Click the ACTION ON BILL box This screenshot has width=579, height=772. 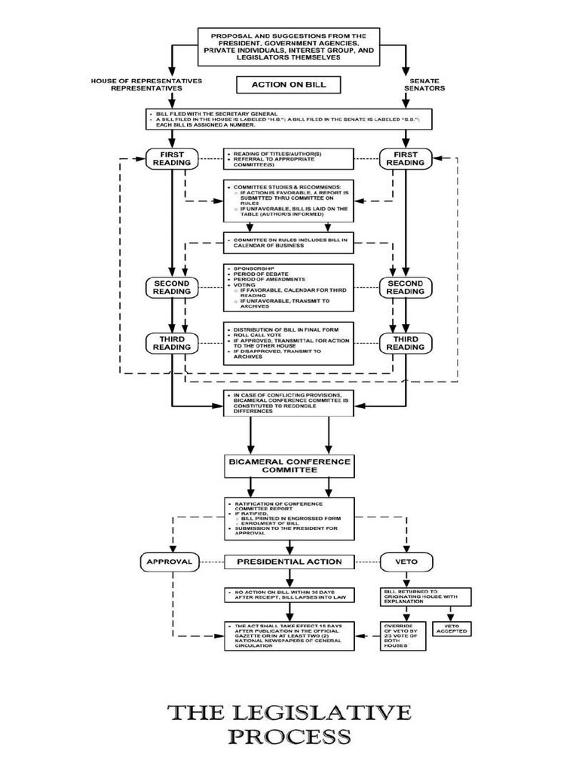[x=289, y=85]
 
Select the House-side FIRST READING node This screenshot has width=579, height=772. [x=172, y=158]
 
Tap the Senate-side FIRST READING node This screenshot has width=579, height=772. [x=406, y=158]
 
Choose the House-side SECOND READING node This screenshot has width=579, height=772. [x=172, y=287]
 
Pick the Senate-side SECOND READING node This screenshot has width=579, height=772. [x=406, y=287]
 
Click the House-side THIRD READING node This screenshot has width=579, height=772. [x=172, y=343]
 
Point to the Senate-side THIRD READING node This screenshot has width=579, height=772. [x=406, y=343]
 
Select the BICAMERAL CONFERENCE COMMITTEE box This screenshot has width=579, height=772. [x=289, y=465]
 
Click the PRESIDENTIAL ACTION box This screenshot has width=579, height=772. [x=289, y=562]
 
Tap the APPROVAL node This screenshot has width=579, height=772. [x=169, y=562]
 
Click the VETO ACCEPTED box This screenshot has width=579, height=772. [x=452, y=627]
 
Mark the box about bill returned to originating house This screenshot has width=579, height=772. [x=425, y=596]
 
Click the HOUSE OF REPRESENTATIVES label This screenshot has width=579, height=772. [x=136, y=84]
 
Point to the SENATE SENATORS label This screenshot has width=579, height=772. [x=427, y=84]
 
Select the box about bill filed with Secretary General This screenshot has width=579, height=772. [x=289, y=119]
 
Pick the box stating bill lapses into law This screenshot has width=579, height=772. [x=289, y=596]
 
